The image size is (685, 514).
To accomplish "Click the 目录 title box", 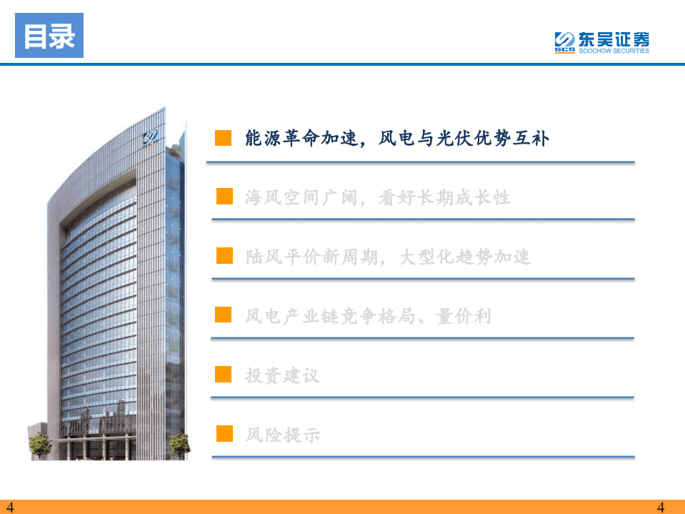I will coord(49,36).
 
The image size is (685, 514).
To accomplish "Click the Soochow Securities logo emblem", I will coord(564,42).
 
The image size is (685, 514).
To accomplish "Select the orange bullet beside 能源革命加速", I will coord(224,138).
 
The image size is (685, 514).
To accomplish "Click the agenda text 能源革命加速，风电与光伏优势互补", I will coord(397,138).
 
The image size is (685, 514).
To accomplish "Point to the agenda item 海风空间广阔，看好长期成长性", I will coord(378,197).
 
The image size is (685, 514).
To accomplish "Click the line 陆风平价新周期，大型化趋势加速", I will coord(388,257).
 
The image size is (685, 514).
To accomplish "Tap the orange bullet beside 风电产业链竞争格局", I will coord(224,315).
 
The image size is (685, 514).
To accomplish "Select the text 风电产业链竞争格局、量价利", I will coord(368,315).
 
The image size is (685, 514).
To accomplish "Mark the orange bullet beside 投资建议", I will coord(224,374).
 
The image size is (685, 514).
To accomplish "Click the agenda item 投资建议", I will coord(282,375).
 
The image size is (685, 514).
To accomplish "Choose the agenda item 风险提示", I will coord(282,434).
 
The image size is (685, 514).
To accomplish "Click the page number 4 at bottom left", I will coord(9,508).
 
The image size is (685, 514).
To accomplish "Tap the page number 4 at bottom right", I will coord(661,508).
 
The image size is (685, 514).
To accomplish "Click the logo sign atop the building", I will coord(151,137).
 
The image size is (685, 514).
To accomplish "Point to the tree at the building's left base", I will coord(40,444).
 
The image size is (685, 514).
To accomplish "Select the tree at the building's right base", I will coord(179,443).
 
